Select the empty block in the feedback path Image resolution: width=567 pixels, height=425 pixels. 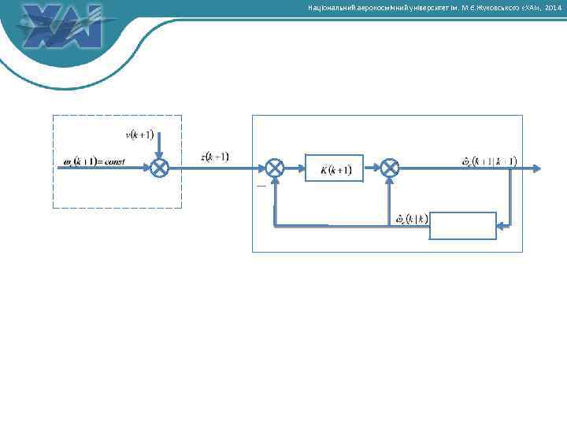[462, 225]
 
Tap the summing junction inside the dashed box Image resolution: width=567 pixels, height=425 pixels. [160, 168]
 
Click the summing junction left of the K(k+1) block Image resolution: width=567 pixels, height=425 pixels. [274, 168]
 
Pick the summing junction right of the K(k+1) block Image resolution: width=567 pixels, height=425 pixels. [391, 168]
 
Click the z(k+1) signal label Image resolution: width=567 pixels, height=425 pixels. [215, 157]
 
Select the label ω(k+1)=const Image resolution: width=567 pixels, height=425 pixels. [94, 162]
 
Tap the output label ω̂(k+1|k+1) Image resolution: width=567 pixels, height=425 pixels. [489, 161]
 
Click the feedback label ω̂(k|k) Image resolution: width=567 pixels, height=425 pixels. [411, 218]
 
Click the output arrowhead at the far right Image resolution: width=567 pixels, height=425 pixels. [536, 168]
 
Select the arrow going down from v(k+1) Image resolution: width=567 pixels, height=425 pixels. [160, 146]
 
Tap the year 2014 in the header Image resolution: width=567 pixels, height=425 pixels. [554, 8]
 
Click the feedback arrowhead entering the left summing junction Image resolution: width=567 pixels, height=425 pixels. [274, 182]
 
